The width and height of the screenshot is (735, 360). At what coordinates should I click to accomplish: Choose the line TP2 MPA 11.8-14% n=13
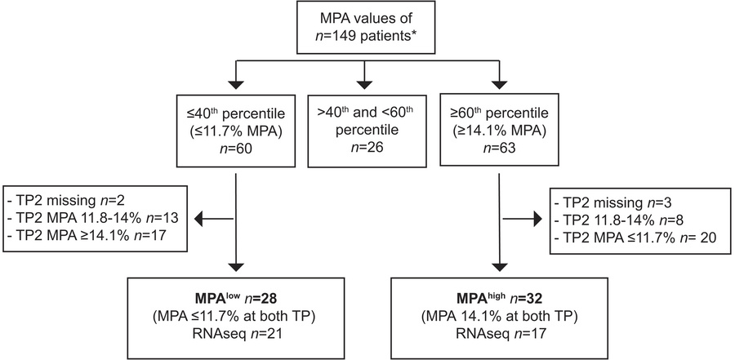click(x=91, y=219)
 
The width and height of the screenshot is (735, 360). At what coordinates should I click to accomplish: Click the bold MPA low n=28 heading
click(x=233, y=299)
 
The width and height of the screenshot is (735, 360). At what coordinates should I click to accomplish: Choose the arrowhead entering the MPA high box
click(x=498, y=267)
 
